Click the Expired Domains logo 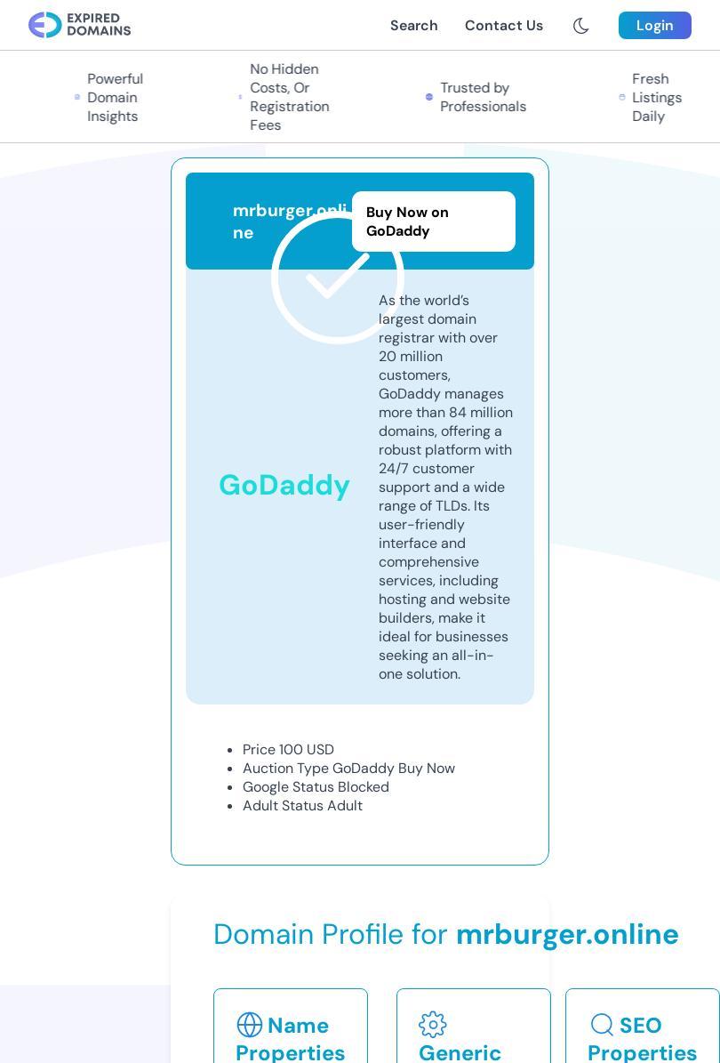(79, 25)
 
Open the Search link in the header (413, 26)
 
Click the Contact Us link (503, 26)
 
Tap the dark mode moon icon (581, 26)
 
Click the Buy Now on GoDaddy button (433, 221)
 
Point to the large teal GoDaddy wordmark (284, 485)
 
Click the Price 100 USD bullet (288, 750)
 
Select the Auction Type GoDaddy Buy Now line (348, 769)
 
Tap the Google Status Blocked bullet (316, 787)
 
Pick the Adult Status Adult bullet (302, 806)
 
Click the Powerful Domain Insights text (115, 98)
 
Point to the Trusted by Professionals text (483, 98)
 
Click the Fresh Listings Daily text (656, 98)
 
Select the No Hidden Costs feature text (289, 97)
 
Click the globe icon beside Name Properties (250, 1025)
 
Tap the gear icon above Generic (433, 1025)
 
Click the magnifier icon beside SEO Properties (602, 1025)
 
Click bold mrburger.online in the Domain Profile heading (567, 934)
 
